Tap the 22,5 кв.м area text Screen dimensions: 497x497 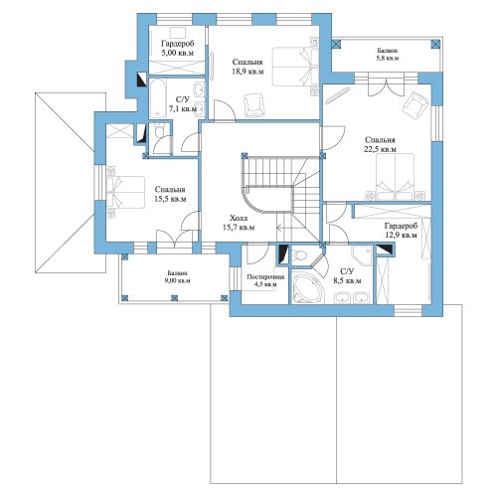click(380, 149)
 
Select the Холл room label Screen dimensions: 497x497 click(239, 218)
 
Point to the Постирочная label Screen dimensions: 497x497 click(265, 277)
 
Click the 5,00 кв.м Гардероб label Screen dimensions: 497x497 click(178, 48)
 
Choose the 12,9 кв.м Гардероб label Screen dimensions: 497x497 click(401, 231)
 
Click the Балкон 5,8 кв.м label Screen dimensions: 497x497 click(388, 54)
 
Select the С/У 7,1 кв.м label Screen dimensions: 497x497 click(183, 104)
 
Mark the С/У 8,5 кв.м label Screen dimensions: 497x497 click(347, 276)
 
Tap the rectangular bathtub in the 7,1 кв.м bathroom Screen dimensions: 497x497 click(158, 98)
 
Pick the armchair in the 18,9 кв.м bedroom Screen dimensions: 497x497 click(253, 104)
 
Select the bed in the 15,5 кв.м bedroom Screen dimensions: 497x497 click(126, 193)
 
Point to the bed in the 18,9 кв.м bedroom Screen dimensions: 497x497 click(295, 67)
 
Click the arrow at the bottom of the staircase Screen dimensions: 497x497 click(284, 228)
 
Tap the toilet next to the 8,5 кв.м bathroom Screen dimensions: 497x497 click(300, 255)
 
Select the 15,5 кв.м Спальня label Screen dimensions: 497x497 click(170, 194)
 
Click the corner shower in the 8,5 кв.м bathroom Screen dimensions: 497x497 click(362, 255)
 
